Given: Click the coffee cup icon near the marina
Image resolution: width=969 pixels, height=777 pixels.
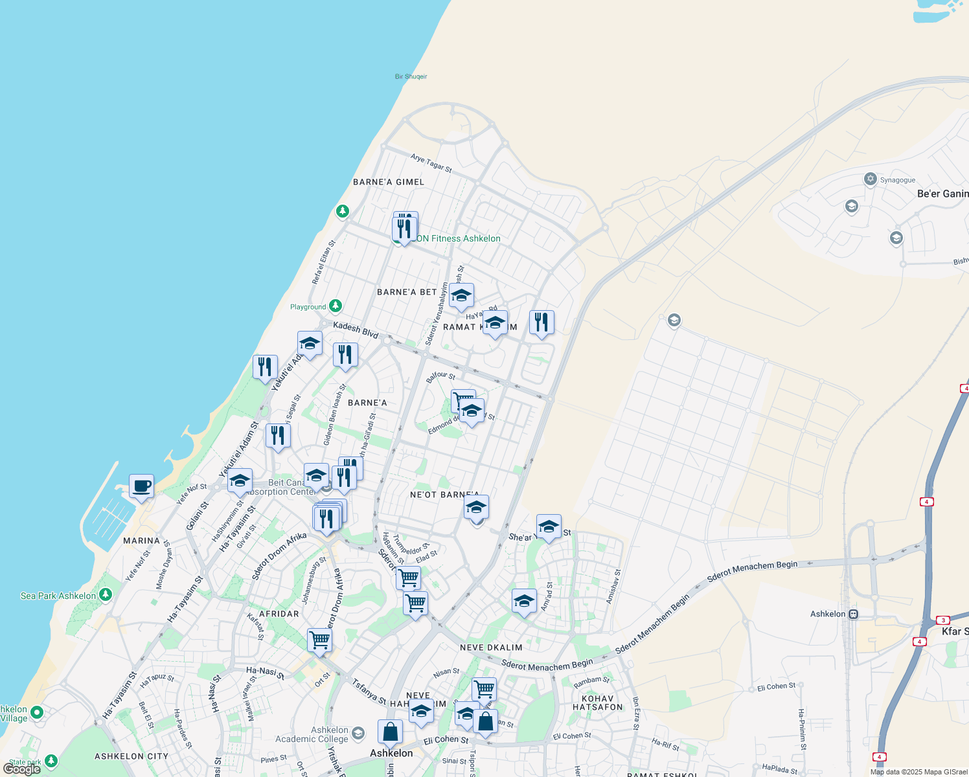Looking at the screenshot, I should (141, 486).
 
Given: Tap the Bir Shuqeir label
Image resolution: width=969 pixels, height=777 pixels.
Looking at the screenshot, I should (411, 76).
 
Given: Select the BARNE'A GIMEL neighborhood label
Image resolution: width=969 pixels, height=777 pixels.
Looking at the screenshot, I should (389, 182).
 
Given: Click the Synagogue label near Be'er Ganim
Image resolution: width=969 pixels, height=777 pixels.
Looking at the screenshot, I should (897, 180).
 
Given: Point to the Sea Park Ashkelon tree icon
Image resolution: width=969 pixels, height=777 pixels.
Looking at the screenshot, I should (106, 594).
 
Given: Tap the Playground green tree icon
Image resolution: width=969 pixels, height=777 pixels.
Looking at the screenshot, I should (335, 306).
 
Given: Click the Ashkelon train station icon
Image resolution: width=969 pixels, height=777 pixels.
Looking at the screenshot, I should (854, 614).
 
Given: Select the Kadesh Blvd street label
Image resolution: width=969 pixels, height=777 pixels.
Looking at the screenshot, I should (356, 330).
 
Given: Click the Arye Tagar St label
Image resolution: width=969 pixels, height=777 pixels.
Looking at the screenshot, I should (431, 163).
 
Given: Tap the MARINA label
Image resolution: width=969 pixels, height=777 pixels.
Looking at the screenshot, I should (141, 541).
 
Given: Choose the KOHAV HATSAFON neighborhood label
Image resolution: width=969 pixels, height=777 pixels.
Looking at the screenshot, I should (597, 703).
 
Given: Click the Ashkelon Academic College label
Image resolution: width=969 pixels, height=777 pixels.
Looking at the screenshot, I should (312, 734).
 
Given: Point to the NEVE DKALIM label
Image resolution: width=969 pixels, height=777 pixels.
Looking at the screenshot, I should (490, 647).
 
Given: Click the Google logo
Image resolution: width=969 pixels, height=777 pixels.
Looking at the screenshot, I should (22, 769).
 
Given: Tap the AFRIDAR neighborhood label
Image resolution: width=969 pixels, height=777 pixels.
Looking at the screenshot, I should (279, 614).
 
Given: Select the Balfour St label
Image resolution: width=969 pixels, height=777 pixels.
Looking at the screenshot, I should (440, 376).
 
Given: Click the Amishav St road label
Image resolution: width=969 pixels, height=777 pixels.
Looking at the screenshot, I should (613, 587).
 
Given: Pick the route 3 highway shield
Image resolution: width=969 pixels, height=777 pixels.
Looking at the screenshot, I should (943, 620).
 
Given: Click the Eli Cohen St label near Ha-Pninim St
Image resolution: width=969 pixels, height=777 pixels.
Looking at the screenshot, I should (776, 686).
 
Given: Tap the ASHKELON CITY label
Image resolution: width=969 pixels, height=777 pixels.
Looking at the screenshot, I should (131, 756).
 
